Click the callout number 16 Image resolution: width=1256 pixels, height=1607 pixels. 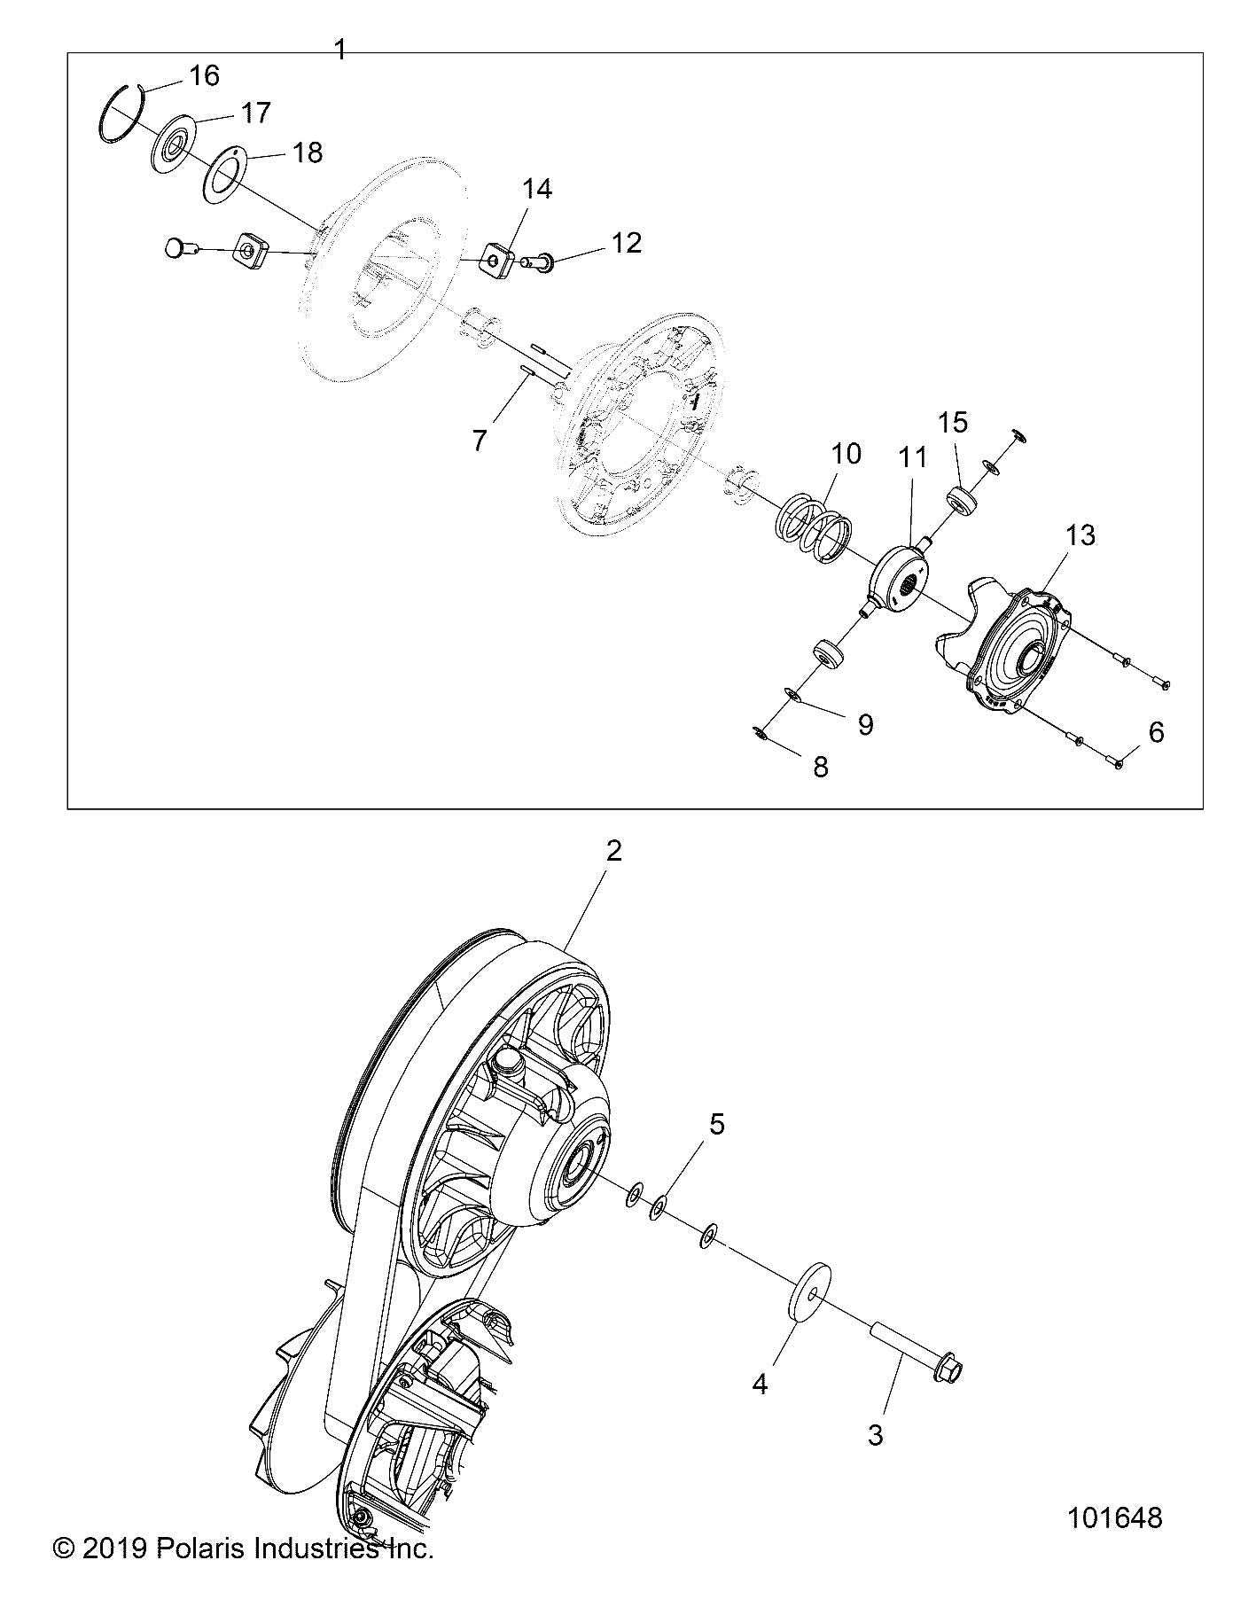204,76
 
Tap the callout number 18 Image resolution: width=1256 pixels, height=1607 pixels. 308,152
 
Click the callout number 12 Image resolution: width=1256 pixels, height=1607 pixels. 627,243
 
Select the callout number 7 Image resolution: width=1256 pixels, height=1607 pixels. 480,441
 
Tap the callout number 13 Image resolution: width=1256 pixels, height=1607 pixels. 1080,535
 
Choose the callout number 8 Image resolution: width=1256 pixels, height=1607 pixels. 820,767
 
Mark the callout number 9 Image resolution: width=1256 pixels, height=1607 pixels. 865,724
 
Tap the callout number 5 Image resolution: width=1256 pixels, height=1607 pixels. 716,1124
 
